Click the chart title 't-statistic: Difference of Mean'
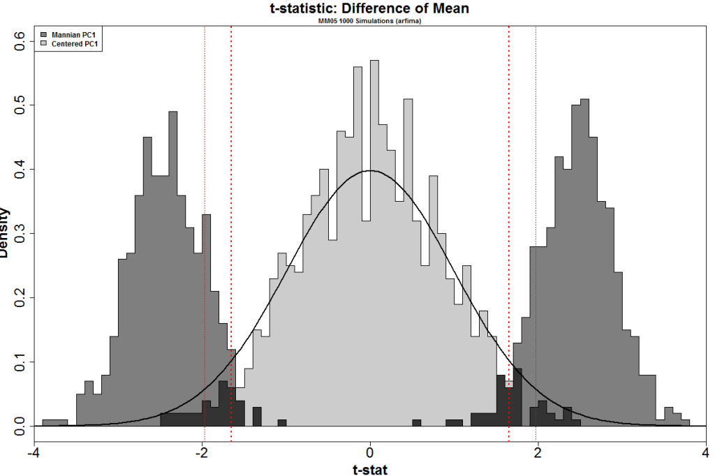point(370,8)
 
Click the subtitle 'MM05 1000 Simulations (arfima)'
point(370,21)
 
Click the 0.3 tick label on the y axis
point(20,233)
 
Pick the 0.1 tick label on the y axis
point(20,362)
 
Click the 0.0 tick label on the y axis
point(20,426)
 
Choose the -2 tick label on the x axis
point(201,453)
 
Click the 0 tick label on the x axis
point(370,453)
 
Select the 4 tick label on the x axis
point(705,453)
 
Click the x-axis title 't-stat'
point(370,469)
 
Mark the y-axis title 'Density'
point(6,233)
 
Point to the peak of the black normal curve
point(370,170)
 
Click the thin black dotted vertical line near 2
point(536,209)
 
